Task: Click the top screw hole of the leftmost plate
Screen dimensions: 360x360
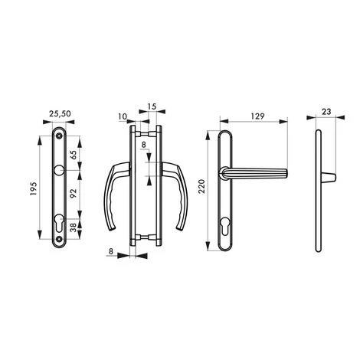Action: [x=60, y=136]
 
